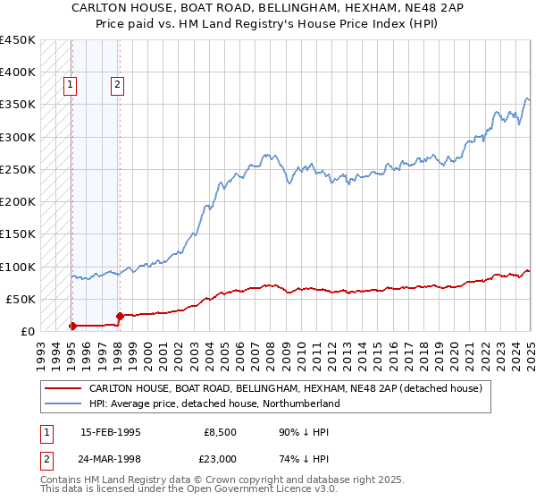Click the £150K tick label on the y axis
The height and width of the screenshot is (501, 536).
[x=18, y=234]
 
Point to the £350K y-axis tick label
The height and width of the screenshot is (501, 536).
[x=18, y=105]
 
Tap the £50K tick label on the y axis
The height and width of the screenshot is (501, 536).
[x=21, y=299]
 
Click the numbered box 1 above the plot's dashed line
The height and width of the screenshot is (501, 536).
[x=71, y=86]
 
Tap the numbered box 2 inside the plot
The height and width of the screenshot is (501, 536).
[x=118, y=86]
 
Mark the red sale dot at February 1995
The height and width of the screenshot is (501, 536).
[x=72, y=326]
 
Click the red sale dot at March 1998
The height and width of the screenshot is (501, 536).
[x=120, y=316]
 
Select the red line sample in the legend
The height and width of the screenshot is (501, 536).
[x=63, y=388]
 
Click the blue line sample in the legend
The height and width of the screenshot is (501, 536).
[x=63, y=404]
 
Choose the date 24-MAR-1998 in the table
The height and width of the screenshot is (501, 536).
[x=112, y=459]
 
